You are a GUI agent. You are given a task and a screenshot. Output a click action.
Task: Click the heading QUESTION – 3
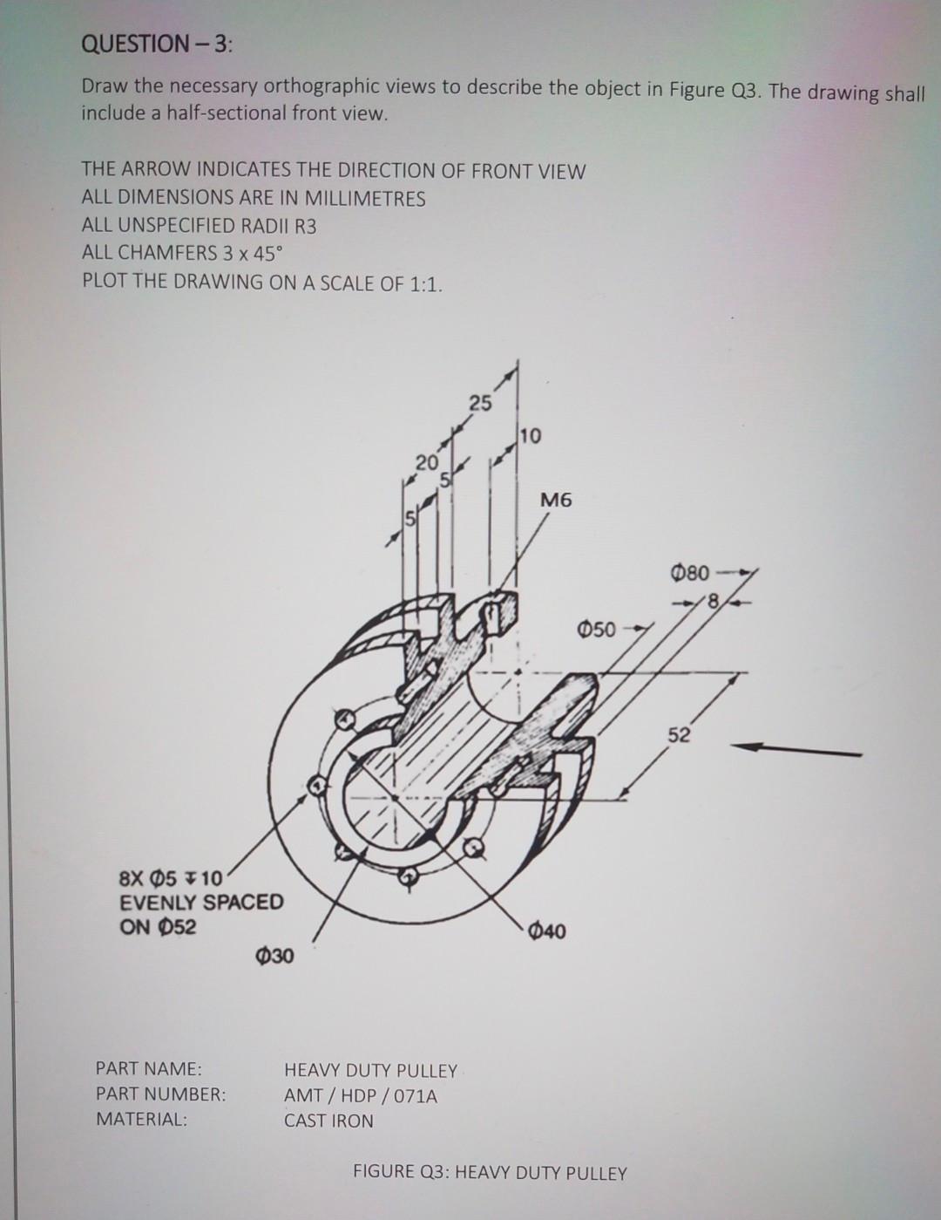(157, 44)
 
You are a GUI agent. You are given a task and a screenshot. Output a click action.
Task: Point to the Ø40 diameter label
(546, 931)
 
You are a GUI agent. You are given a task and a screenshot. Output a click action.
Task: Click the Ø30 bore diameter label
(275, 957)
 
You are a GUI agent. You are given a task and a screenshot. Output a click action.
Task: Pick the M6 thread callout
(557, 501)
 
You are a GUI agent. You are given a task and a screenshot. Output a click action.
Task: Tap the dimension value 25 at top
(480, 403)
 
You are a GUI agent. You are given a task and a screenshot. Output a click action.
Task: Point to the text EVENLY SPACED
(201, 902)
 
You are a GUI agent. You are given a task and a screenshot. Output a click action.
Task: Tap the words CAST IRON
(328, 1121)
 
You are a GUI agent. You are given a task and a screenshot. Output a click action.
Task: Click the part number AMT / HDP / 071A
(361, 1095)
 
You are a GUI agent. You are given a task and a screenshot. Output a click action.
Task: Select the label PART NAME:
(148, 1068)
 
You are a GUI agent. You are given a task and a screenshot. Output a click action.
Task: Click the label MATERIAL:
(141, 1119)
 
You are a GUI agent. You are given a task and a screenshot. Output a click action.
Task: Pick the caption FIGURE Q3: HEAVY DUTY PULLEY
(490, 1172)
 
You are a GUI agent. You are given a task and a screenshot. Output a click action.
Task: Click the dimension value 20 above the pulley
(424, 461)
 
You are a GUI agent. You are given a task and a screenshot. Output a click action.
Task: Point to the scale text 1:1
(425, 284)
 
